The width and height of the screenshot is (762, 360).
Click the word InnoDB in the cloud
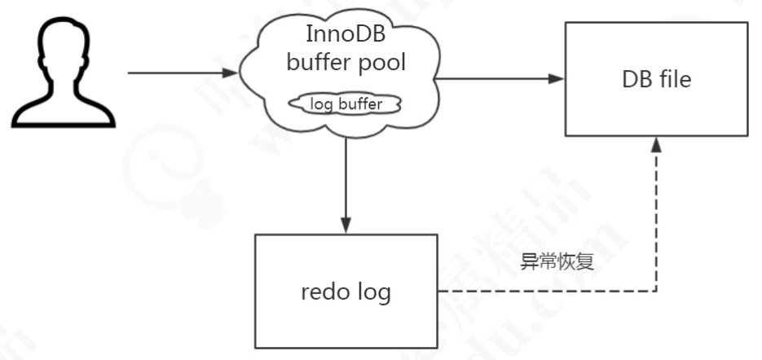coord(346,35)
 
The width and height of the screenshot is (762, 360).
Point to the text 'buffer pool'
coord(346,64)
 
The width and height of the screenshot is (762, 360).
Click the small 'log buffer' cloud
coord(346,103)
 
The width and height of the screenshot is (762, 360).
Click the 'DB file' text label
coord(656,79)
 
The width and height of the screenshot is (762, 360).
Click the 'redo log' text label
coord(346,292)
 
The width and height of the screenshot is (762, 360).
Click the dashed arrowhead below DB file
coord(656,145)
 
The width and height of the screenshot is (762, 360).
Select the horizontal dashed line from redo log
coord(546,292)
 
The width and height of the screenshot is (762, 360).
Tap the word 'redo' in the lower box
coord(324,292)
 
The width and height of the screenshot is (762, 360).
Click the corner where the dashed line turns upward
coord(656,292)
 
